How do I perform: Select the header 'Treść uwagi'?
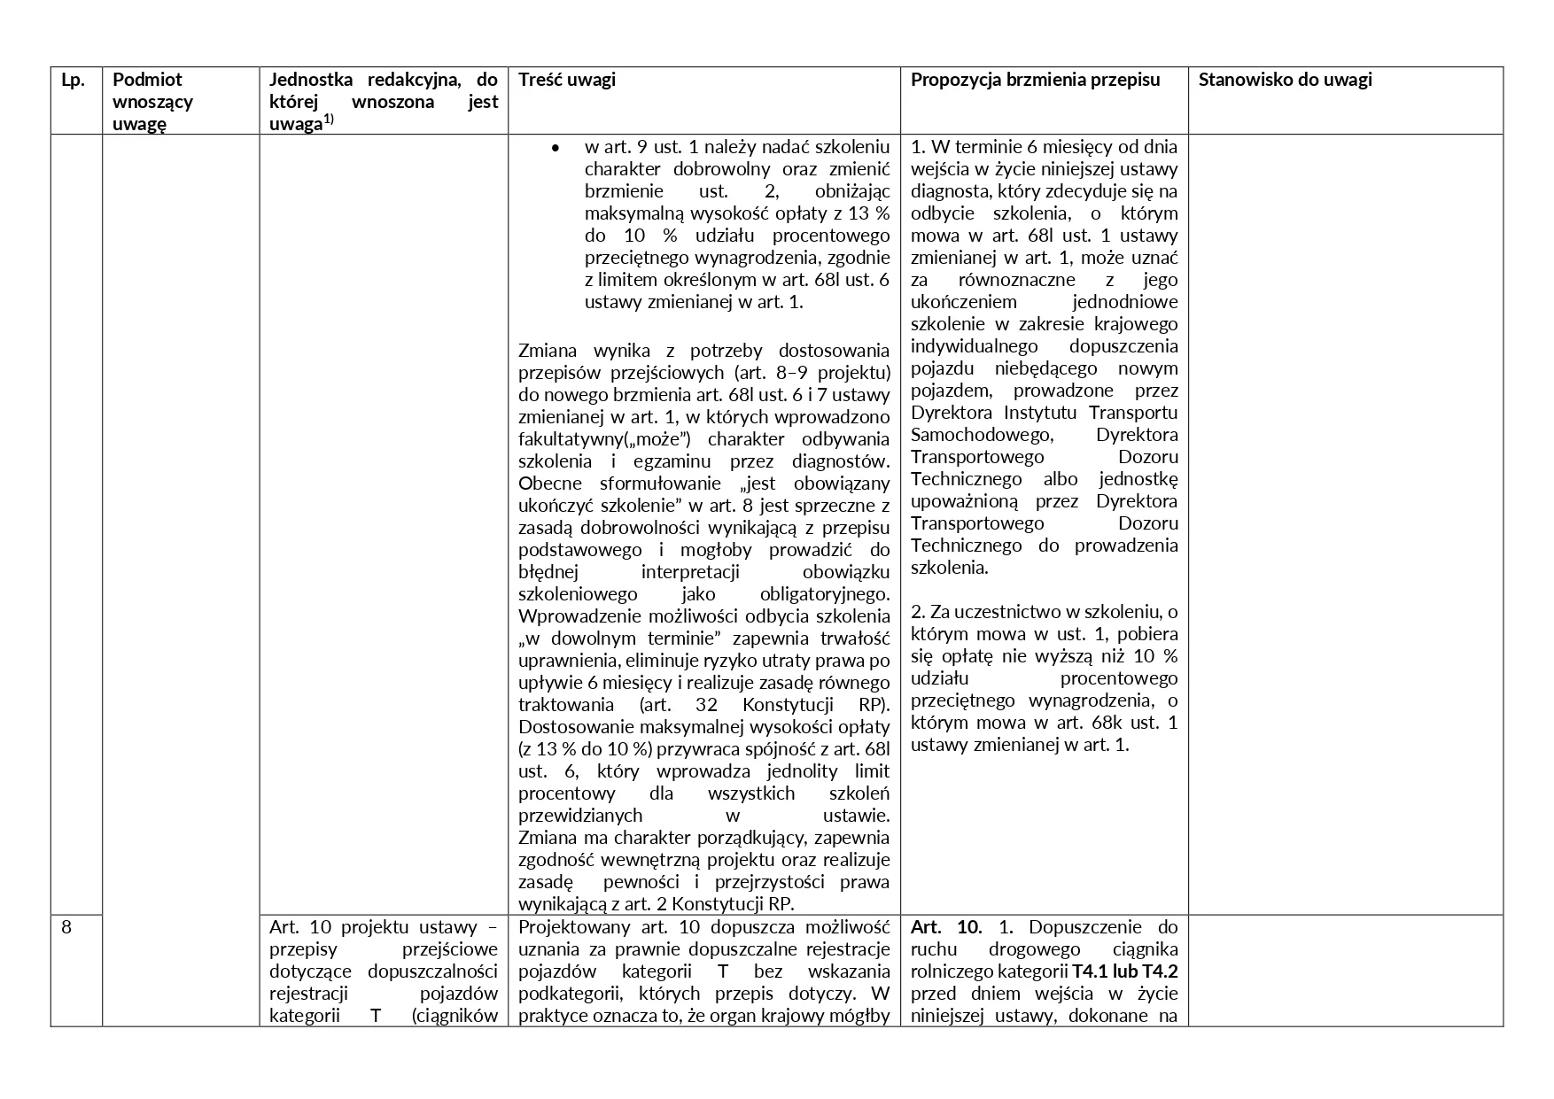[x=567, y=80]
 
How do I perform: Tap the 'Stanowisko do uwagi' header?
[x=1285, y=80]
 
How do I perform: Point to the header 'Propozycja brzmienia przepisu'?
[x=1035, y=80]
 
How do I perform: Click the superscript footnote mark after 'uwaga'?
[x=328, y=119]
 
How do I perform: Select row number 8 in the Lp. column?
[x=67, y=927]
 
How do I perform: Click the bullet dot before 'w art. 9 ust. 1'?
[x=555, y=147]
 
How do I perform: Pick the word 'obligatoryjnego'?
[x=824, y=594]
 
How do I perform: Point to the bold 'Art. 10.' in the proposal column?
[x=946, y=927]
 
